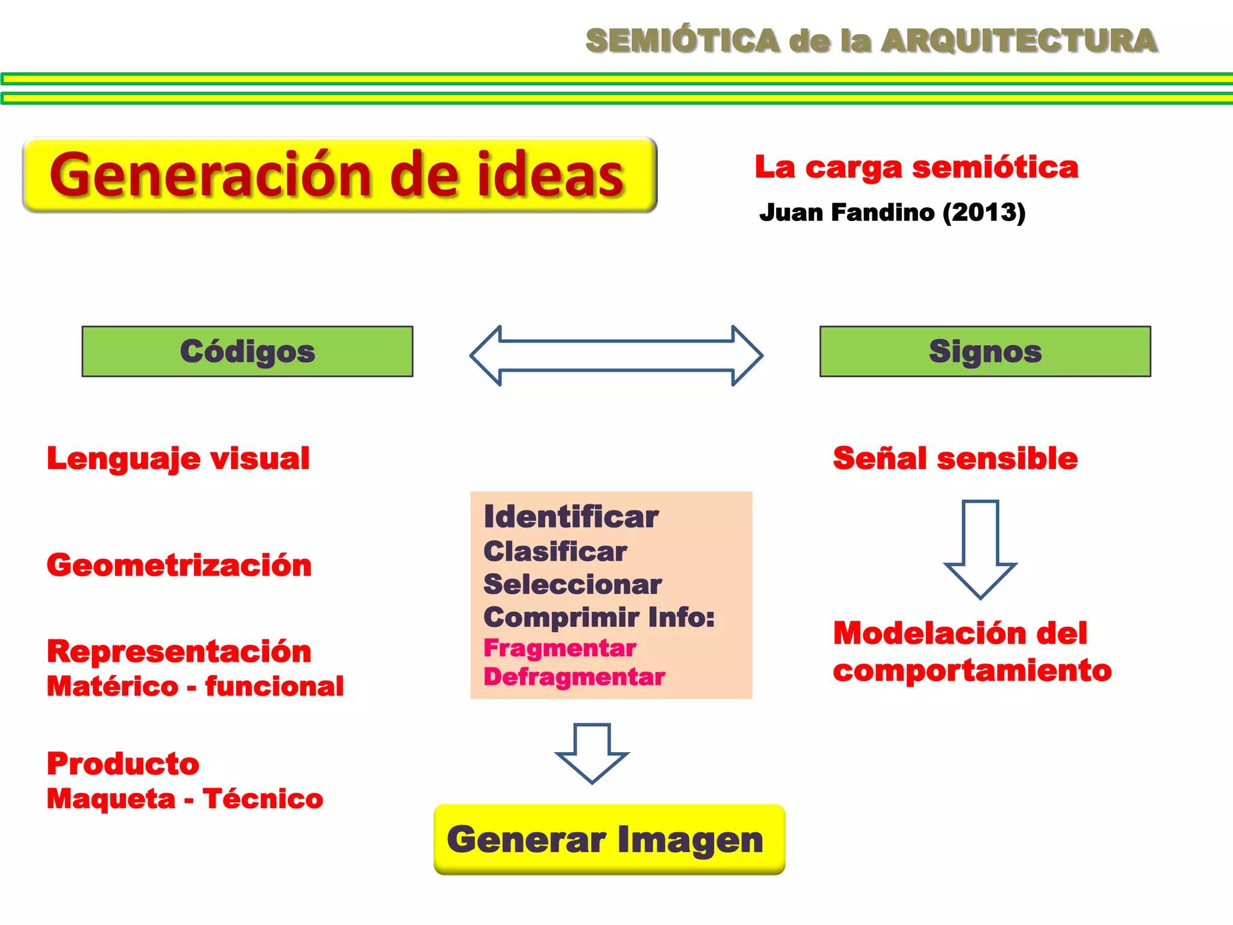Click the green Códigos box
click(x=247, y=352)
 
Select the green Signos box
click(x=985, y=352)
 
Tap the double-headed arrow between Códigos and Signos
click(x=616, y=356)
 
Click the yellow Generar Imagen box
click(x=609, y=839)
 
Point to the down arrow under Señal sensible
click(x=980, y=548)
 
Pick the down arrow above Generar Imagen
click(x=592, y=752)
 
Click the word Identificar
click(x=571, y=517)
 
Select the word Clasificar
click(x=555, y=552)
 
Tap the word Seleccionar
click(x=573, y=584)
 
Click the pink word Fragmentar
click(x=560, y=649)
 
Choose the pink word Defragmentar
click(x=574, y=677)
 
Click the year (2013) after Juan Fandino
click(x=984, y=213)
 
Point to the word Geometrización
click(x=179, y=565)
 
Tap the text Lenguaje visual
click(x=178, y=458)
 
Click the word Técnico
click(x=263, y=799)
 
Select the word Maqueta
click(x=111, y=799)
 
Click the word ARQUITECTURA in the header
click(x=1019, y=41)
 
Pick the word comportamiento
click(x=972, y=670)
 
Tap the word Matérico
click(x=113, y=687)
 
